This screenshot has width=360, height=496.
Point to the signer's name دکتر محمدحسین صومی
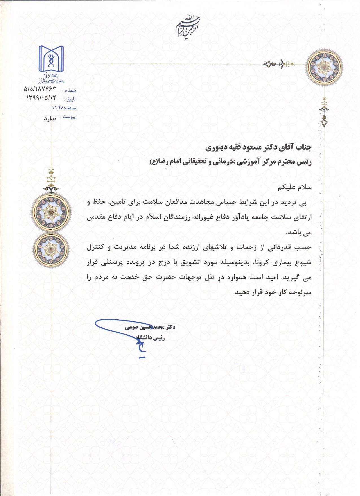[150, 327]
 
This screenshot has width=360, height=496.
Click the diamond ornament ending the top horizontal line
[268, 64]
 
